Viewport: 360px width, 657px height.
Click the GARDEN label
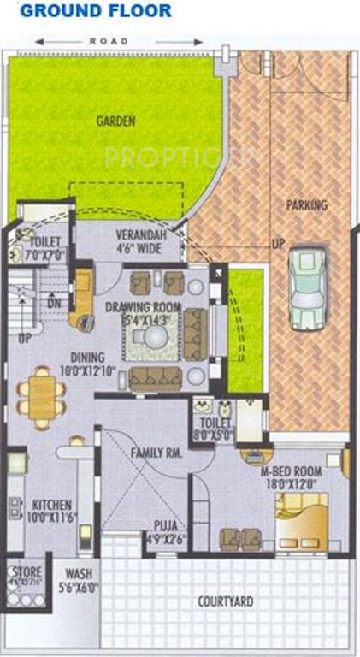(115, 121)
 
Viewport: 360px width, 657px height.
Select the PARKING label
(306, 205)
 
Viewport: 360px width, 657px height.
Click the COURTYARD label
(225, 602)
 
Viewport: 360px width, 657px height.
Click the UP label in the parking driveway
(278, 243)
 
